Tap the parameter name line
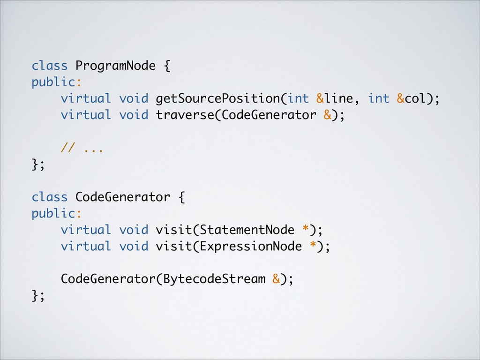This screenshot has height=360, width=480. point(339,99)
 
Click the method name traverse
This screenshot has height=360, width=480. point(185,115)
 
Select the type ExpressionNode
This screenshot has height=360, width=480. point(251,247)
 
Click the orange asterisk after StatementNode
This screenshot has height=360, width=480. point(306,229)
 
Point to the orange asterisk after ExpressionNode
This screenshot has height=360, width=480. point(313,246)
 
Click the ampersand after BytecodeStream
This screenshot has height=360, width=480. point(277,279)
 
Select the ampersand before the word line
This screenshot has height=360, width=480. point(320,99)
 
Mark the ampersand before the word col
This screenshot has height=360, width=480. point(401,99)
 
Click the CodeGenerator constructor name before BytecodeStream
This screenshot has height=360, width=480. point(108,279)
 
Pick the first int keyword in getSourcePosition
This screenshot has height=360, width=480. point(298,99)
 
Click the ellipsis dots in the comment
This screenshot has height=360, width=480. point(93,150)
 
